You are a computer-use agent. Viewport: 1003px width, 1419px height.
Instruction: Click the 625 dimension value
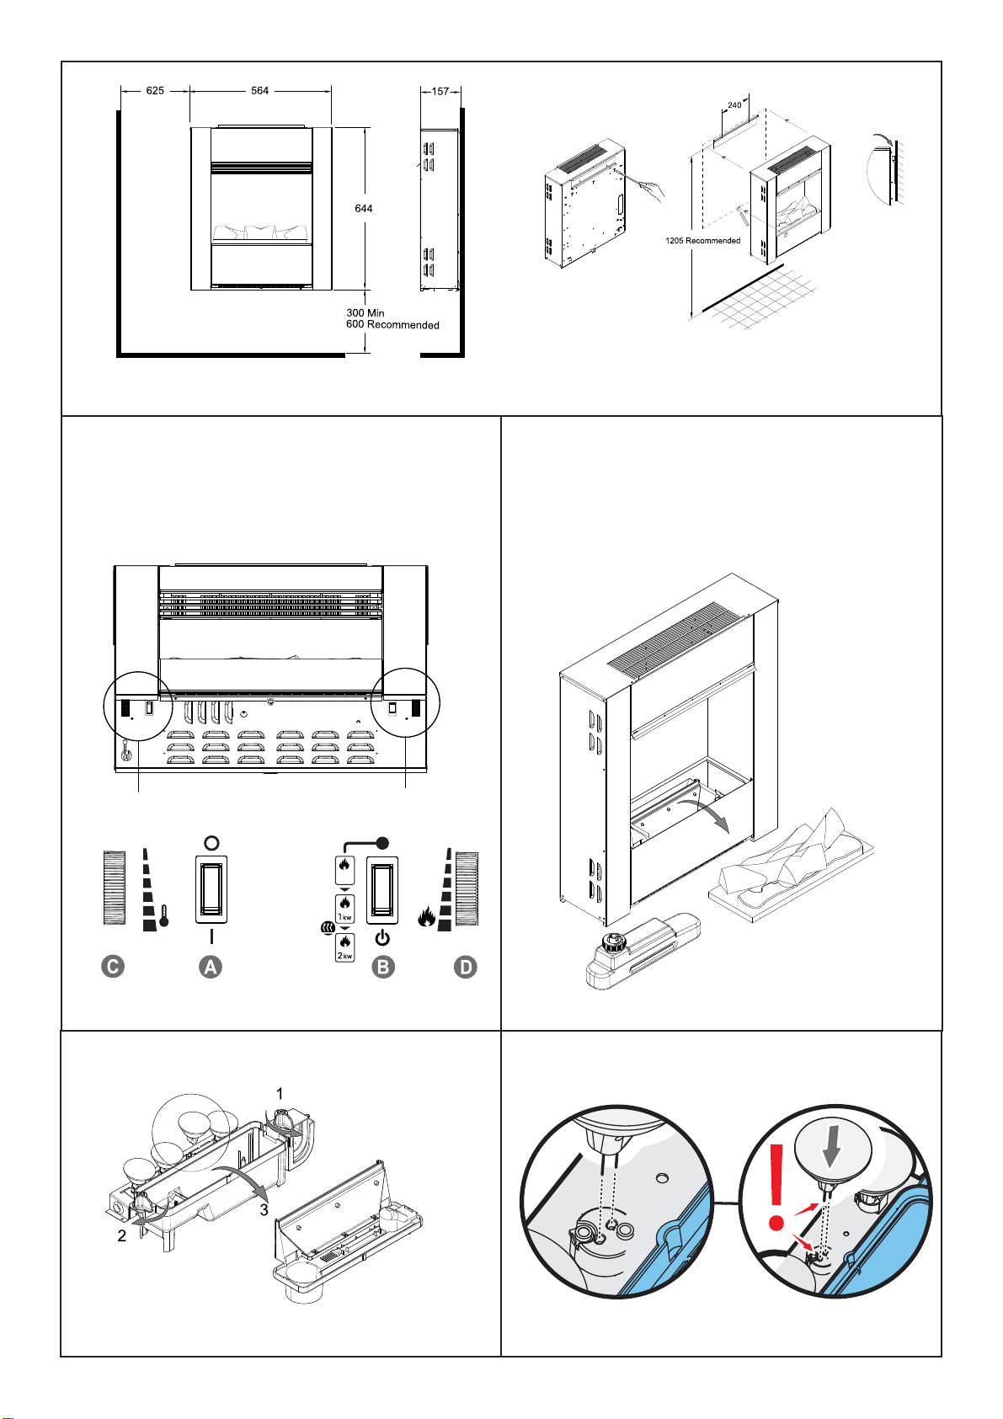pos(155,91)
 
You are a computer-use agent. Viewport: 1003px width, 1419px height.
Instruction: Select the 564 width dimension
pos(259,91)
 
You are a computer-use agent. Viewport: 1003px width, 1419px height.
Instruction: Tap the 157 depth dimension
pos(440,91)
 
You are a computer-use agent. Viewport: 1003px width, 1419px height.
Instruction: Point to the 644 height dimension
pos(364,208)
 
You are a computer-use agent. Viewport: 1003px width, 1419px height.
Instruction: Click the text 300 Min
pos(365,313)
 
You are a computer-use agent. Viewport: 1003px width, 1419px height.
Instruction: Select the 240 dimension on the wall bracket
pos(734,105)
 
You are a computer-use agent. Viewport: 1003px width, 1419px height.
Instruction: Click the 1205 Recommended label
pos(702,241)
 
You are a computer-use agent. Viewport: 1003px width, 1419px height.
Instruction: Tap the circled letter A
pos(211,968)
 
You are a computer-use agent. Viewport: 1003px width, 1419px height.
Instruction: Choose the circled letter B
pos(382,968)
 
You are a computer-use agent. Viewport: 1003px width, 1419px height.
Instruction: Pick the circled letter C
pos(113,967)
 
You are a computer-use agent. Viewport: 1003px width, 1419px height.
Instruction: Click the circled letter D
pos(466,968)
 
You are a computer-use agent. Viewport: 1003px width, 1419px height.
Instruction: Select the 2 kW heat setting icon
pos(344,947)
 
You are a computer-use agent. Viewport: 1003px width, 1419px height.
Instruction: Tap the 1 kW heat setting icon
pos(344,909)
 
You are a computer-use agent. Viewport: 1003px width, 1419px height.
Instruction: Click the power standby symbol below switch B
pos(382,938)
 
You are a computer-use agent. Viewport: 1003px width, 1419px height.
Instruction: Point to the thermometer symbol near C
pos(163,915)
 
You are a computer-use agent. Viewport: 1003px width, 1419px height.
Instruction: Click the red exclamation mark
pos(776,1187)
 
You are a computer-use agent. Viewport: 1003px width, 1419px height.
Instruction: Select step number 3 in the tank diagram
pos(264,1210)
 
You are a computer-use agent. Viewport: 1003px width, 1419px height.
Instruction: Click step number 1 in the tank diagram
pos(280,1094)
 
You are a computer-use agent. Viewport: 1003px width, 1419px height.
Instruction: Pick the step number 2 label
pos(121,1236)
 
